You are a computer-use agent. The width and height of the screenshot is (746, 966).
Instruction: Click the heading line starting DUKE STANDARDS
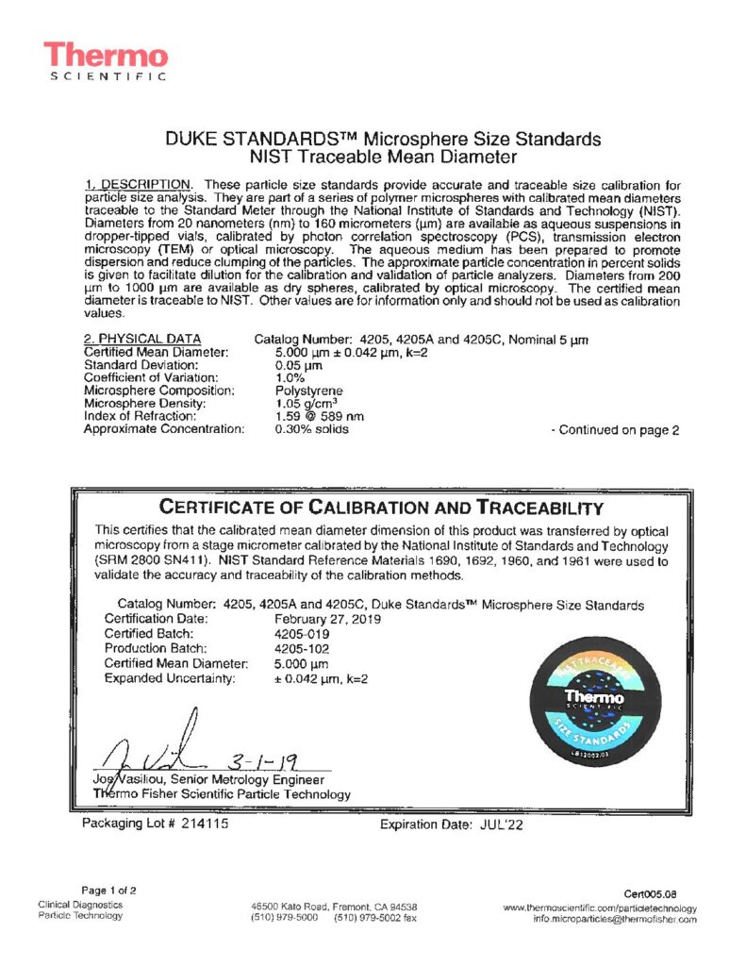pyautogui.click(x=383, y=139)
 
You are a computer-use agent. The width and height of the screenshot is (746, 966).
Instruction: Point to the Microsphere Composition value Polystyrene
pyautogui.click(x=308, y=391)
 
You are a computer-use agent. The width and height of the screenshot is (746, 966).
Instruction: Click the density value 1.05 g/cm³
pyautogui.click(x=307, y=404)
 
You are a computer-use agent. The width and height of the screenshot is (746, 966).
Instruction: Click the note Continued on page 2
pyautogui.click(x=614, y=430)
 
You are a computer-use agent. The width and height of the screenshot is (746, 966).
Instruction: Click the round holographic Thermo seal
pyautogui.click(x=593, y=701)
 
